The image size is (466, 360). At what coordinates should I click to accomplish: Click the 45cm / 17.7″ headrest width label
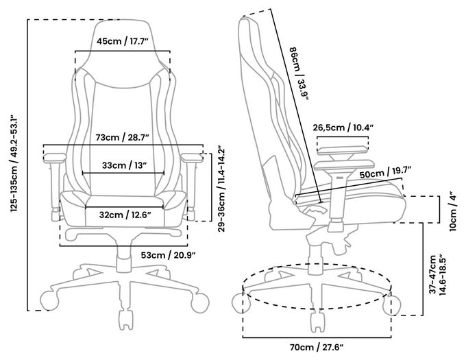(x=122, y=41)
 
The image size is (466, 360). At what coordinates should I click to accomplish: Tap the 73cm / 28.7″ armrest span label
(x=122, y=137)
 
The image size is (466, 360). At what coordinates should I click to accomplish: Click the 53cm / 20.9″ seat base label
(x=169, y=255)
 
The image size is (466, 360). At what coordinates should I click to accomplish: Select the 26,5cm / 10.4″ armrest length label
(x=343, y=128)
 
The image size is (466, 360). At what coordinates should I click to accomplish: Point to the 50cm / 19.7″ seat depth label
(x=385, y=173)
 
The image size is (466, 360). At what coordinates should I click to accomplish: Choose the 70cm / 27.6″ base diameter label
(x=317, y=347)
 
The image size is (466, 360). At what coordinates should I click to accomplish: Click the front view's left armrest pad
(x=55, y=157)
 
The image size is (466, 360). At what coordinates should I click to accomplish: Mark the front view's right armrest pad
(x=192, y=157)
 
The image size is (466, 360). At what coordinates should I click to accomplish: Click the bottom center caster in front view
(x=125, y=320)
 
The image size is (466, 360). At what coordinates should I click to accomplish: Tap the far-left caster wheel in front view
(x=49, y=301)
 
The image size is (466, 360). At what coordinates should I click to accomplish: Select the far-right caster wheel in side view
(x=392, y=304)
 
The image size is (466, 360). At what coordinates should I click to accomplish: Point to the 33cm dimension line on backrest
(x=123, y=173)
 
